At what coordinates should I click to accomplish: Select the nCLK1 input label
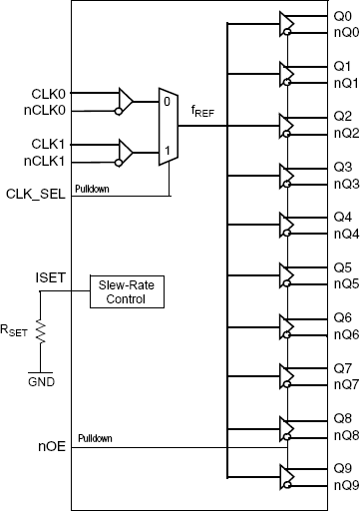coord(46,160)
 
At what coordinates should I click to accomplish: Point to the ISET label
coord(52,276)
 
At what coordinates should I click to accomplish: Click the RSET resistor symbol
coord(40,332)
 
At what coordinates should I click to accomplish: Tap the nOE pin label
coord(51,447)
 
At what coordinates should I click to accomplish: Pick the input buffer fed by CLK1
coord(126,152)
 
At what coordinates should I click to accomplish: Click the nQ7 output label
coord(344,384)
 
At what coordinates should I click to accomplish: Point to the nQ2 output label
coord(344,133)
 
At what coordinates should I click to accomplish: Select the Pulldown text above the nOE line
coord(98,438)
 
